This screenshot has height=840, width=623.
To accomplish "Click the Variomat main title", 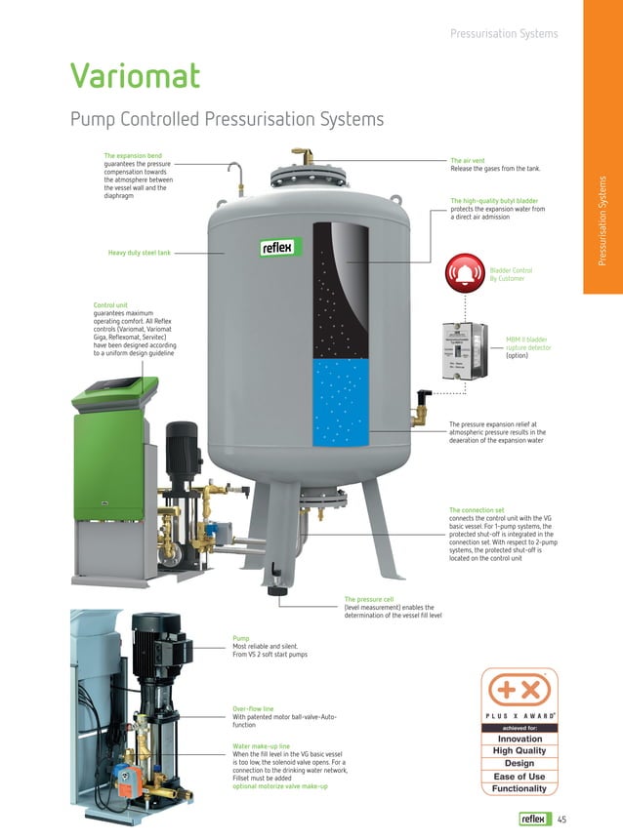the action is (135, 76).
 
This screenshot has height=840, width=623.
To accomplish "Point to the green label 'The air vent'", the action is (469, 160).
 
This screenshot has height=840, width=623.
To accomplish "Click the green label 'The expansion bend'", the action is (133, 155).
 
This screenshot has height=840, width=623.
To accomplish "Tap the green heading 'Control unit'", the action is (110, 305).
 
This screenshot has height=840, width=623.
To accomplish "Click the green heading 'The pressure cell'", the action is (368, 598).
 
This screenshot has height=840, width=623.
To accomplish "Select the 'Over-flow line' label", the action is (253, 708).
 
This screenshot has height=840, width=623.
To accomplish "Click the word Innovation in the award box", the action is (519, 739).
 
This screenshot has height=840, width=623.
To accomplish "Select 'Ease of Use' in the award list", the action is (519, 777).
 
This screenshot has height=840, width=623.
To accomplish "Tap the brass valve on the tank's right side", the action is (421, 407).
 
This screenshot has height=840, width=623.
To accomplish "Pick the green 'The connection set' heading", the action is (477, 510).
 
